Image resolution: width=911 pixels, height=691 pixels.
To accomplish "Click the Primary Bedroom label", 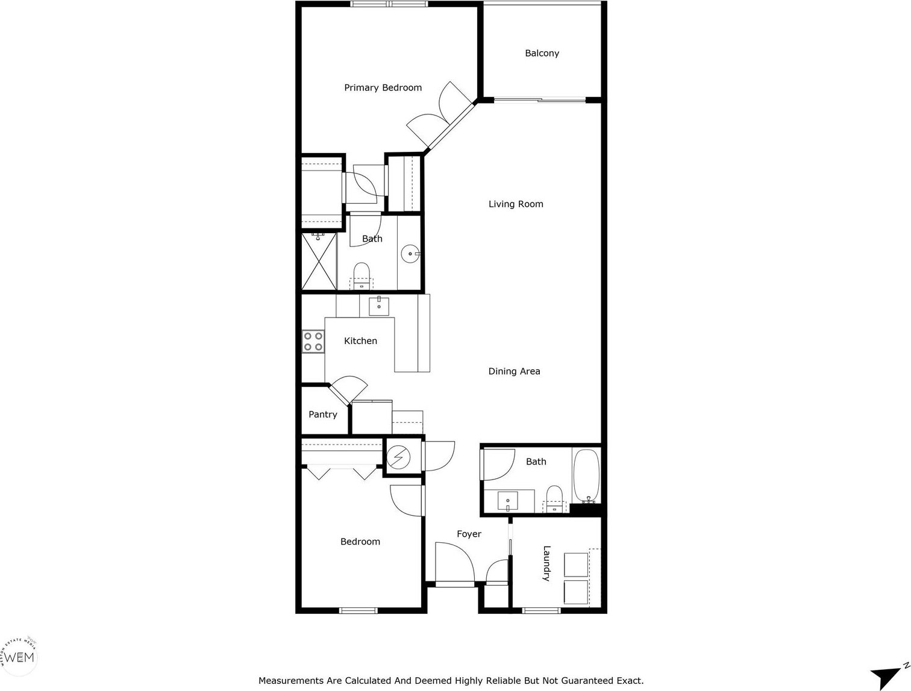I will (383, 88).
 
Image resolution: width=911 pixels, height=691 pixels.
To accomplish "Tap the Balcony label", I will (542, 54).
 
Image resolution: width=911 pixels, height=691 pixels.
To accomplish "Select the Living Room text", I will (516, 204).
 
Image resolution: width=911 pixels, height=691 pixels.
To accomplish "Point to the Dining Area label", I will (514, 372).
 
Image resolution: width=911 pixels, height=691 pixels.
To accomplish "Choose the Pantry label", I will (323, 414).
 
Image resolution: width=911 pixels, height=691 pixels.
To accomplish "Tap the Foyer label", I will (469, 534).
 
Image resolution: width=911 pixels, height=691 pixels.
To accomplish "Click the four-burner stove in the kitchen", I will (312, 342).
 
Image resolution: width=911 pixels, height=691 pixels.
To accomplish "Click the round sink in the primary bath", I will (412, 254).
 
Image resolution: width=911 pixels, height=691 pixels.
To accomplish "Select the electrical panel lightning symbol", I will (398, 457).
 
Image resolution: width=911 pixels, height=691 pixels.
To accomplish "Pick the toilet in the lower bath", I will (554, 498).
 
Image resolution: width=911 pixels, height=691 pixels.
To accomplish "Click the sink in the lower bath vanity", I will (509, 499).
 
